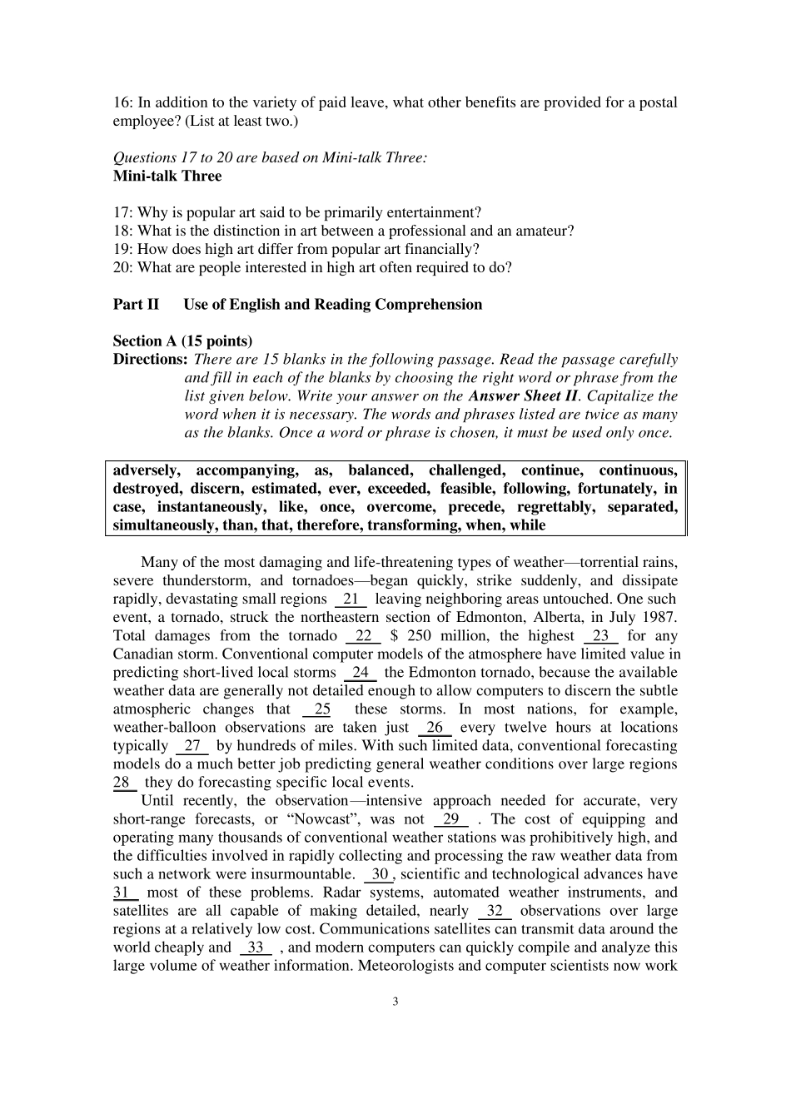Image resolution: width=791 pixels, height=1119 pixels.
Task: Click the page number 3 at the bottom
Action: (x=395, y=1002)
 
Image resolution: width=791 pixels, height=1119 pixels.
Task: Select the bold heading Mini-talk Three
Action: (x=167, y=176)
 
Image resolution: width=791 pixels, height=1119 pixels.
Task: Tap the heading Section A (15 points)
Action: (x=182, y=341)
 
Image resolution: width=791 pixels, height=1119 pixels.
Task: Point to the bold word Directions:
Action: (x=151, y=360)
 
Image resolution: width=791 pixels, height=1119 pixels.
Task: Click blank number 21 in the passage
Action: (x=351, y=599)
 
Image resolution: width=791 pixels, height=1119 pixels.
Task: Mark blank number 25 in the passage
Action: (x=321, y=709)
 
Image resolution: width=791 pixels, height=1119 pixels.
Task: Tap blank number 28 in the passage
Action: (x=123, y=783)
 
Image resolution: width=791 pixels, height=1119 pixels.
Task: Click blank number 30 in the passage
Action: (x=380, y=874)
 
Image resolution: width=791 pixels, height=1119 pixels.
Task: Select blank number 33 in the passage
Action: (x=256, y=947)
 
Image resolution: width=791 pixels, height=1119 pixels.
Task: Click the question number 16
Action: (x=122, y=103)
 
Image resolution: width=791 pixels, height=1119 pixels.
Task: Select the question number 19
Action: (x=122, y=249)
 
